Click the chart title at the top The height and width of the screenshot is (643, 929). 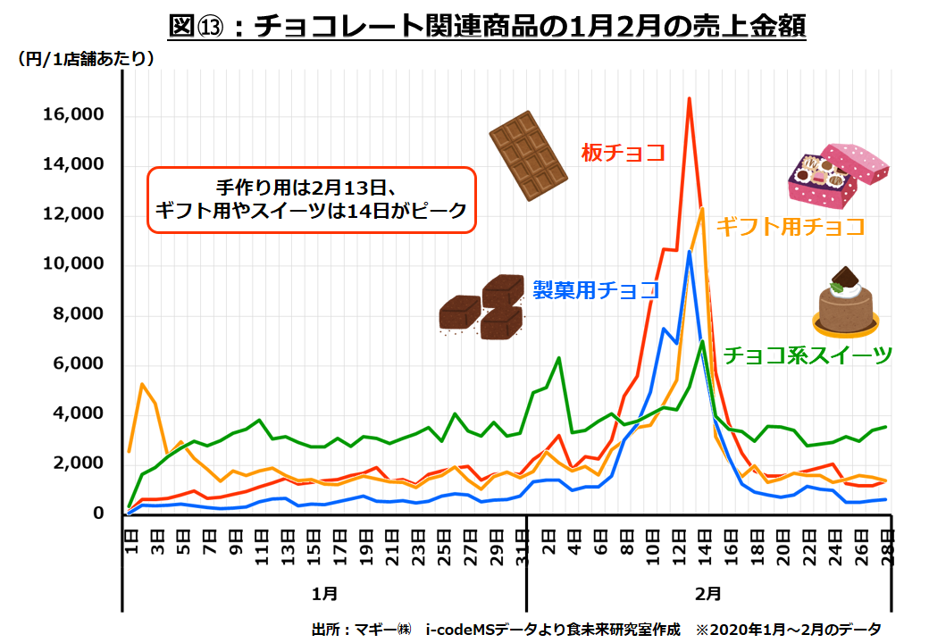click(x=487, y=26)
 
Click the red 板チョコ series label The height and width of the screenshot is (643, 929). click(x=623, y=153)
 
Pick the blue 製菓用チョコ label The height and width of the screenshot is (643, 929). click(x=596, y=290)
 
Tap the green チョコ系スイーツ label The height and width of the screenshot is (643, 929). click(x=808, y=355)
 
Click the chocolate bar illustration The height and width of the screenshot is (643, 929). click(x=529, y=154)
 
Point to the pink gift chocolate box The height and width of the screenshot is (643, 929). click(x=837, y=171)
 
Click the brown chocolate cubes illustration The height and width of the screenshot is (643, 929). click(x=482, y=308)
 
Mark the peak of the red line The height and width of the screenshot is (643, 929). click(x=689, y=98)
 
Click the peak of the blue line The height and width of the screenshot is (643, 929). click(x=689, y=252)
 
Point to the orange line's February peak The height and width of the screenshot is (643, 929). click(x=702, y=208)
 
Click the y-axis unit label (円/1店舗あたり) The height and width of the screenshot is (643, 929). click(x=87, y=60)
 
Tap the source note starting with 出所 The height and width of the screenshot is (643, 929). click(x=597, y=629)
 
